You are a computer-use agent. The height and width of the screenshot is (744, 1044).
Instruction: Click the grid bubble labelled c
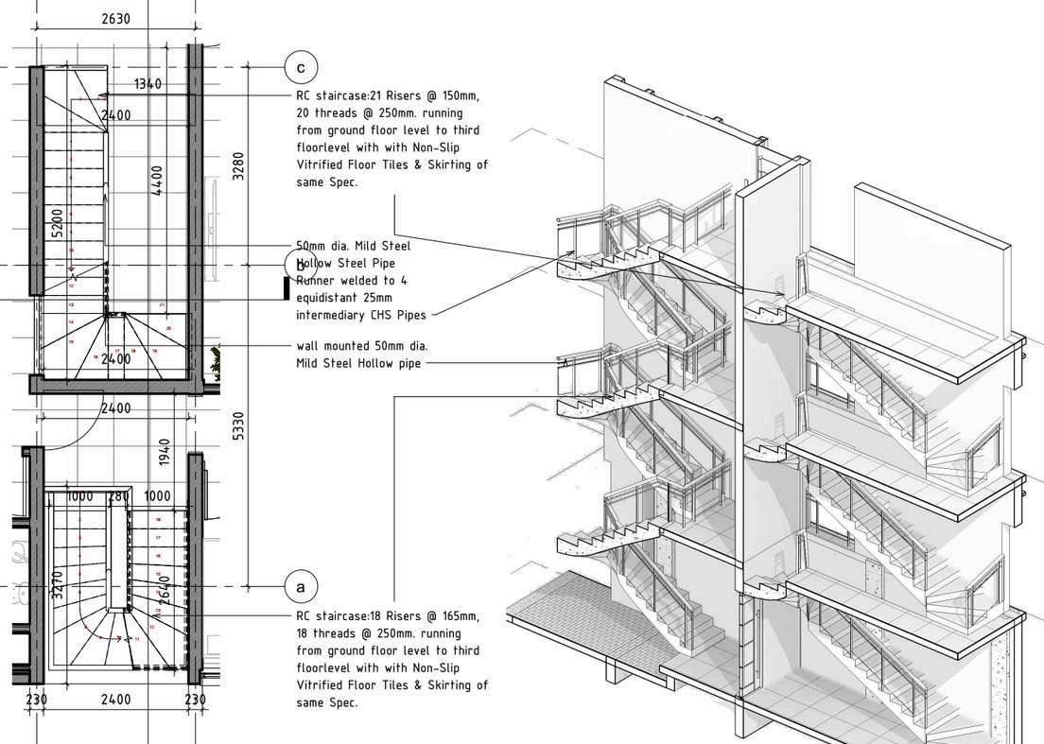pos(301,67)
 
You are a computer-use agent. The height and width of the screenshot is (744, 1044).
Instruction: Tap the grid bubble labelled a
pos(301,587)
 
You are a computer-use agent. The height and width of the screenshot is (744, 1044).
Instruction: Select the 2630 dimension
pos(114,19)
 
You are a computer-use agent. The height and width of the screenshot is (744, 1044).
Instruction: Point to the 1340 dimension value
pos(148,84)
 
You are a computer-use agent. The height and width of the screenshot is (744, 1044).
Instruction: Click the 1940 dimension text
pos(164,451)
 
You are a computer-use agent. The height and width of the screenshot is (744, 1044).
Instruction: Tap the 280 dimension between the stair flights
pos(119,496)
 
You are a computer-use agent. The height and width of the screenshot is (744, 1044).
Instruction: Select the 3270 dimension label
pos(58,586)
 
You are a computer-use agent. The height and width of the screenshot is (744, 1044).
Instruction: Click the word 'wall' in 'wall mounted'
pos(308,347)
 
